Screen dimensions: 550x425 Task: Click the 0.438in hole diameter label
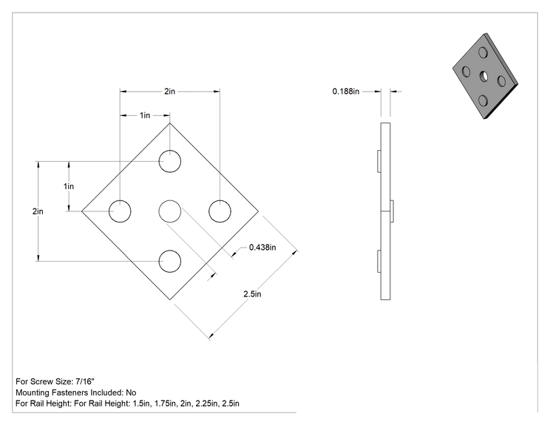[x=262, y=248]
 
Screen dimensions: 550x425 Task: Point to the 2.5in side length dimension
[x=252, y=294]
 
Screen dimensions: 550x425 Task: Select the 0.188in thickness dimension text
[x=346, y=92]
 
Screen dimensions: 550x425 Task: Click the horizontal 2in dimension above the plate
[x=170, y=91]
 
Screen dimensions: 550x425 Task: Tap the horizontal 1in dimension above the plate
[x=145, y=115]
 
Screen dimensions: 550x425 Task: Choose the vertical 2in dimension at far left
[x=38, y=211]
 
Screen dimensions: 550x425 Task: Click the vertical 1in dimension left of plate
[x=69, y=186]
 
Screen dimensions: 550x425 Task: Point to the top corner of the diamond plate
[x=170, y=123]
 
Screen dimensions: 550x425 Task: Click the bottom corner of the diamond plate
[x=170, y=300]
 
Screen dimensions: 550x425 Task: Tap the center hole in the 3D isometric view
[x=483, y=75]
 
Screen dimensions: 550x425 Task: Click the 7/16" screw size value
[x=85, y=381]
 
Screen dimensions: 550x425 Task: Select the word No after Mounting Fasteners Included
[x=131, y=392]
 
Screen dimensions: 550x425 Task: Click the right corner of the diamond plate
[x=259, y=211]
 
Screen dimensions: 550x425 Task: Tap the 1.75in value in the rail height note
[x=165, y=404]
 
